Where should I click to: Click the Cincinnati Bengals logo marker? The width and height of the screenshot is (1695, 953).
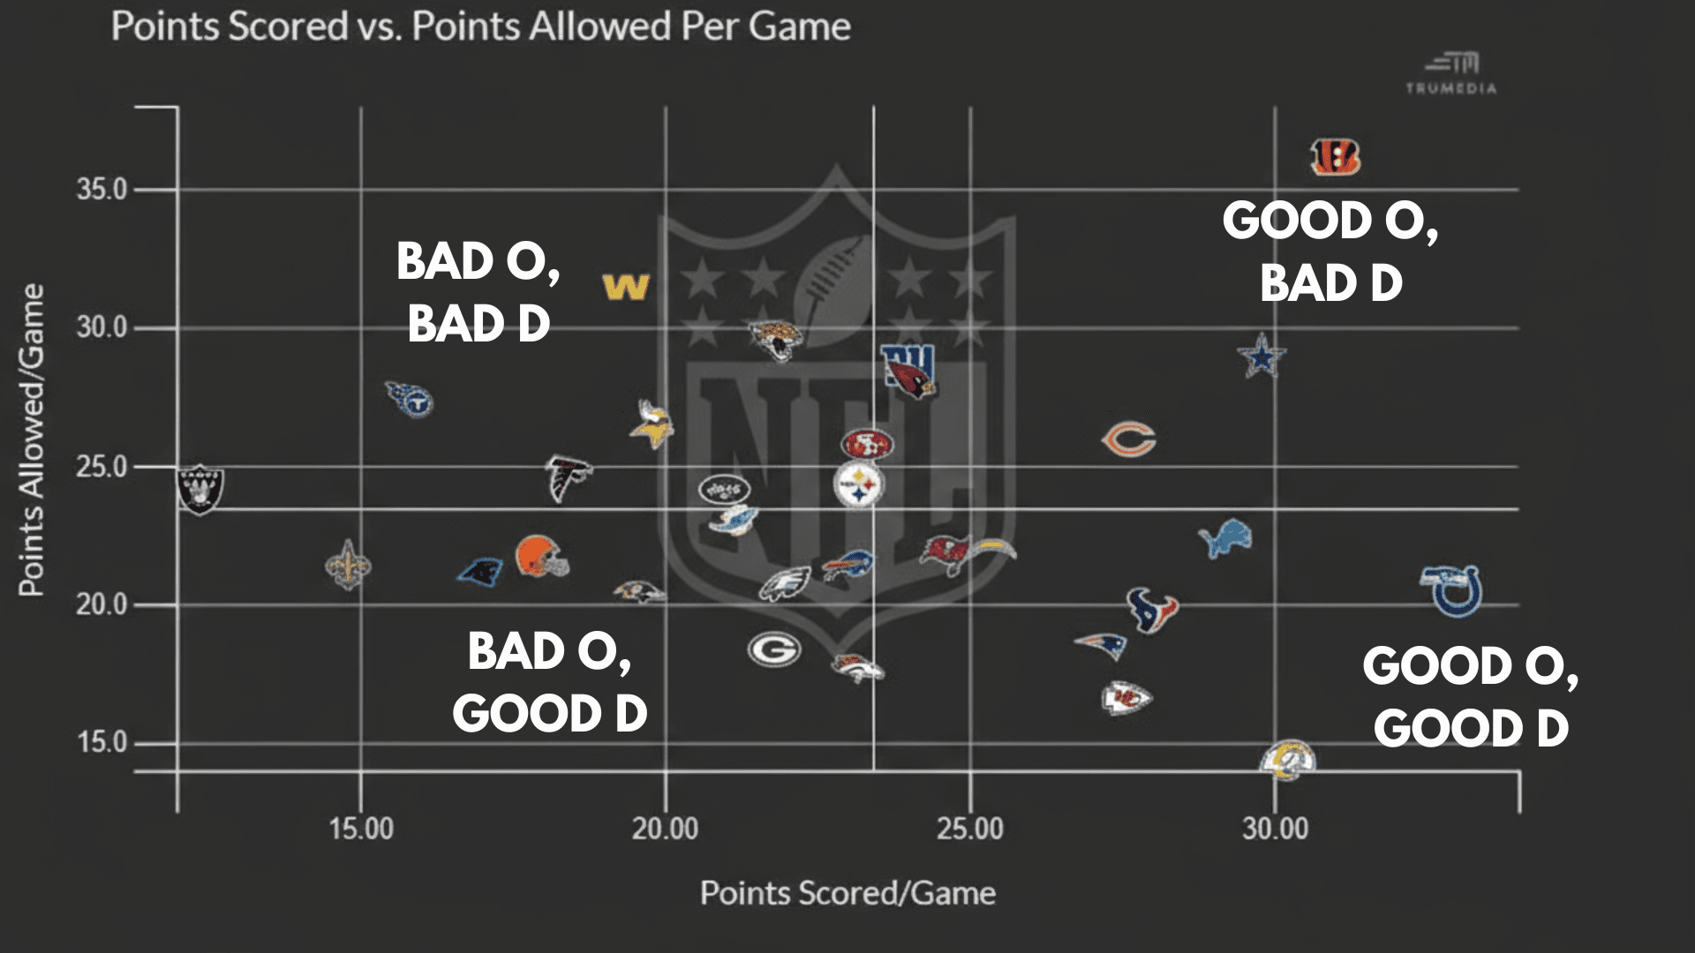click(1335, 157)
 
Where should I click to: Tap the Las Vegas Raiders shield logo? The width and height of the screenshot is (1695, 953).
click(200, 489)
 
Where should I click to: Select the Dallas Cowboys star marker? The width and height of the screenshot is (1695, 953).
click(1262, 356)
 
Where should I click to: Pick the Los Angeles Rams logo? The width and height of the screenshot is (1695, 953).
click(1288, 760)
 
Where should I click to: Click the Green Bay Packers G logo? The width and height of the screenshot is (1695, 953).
click(774, 650)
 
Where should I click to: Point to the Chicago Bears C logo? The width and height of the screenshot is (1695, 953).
click(1129, 439)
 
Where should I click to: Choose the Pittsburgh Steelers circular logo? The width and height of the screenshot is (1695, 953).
click(858, 484)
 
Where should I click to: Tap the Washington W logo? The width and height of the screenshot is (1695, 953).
click(626, 287)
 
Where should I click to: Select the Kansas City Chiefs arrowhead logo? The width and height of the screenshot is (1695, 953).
click(1126, 699)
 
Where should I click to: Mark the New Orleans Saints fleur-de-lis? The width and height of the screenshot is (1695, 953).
click(348, 566)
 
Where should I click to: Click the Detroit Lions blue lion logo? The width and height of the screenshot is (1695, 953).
click(1226, 538)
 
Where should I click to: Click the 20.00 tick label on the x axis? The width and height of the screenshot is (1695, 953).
click(665, 829)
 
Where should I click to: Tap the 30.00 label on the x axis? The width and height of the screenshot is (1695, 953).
click(1275, 829)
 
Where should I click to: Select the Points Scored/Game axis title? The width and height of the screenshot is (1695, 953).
click(847, 893)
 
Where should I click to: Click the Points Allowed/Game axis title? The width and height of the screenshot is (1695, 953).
click(32, 439)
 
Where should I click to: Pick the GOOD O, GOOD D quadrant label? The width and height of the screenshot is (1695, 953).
click(1470, 697)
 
